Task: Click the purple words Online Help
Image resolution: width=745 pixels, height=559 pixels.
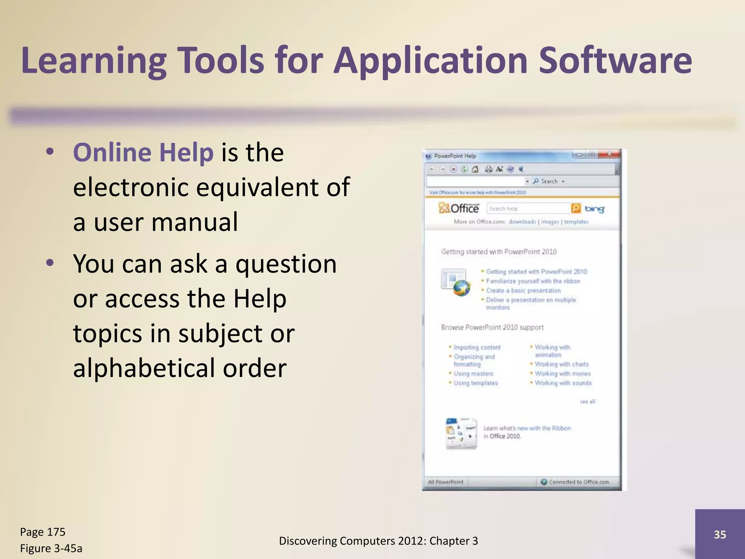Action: [x=143, y=152]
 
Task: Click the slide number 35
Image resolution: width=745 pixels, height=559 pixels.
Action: [x=720, y=534]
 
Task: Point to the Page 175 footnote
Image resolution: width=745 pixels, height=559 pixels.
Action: [x=43, y=532]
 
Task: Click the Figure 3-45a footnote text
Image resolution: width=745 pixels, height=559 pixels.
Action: [x=51, y=548]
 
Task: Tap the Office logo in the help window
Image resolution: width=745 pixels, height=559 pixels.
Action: [x=459, y=209]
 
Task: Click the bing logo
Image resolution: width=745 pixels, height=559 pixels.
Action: [x=594, y=209]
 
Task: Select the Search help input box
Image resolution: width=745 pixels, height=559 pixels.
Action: [x=528, y=209]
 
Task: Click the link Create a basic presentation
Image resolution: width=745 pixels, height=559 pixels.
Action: [x=523, y=290]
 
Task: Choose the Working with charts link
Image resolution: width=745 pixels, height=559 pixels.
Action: [x=562, y=364]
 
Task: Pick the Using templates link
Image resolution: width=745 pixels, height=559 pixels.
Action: [x=475, y=383]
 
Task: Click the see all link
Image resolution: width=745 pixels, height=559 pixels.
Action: [x=587, y=401]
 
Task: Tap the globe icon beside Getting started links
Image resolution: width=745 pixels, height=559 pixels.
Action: [x=462, y=288]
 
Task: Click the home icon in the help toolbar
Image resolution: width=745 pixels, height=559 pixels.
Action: [x=475, y=169]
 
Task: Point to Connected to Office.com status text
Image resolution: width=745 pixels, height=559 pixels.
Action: [x=579, y=482]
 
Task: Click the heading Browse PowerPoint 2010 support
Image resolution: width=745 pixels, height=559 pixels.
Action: [x=492, y=327]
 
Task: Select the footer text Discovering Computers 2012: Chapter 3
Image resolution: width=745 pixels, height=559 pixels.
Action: [x=378, y=541]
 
